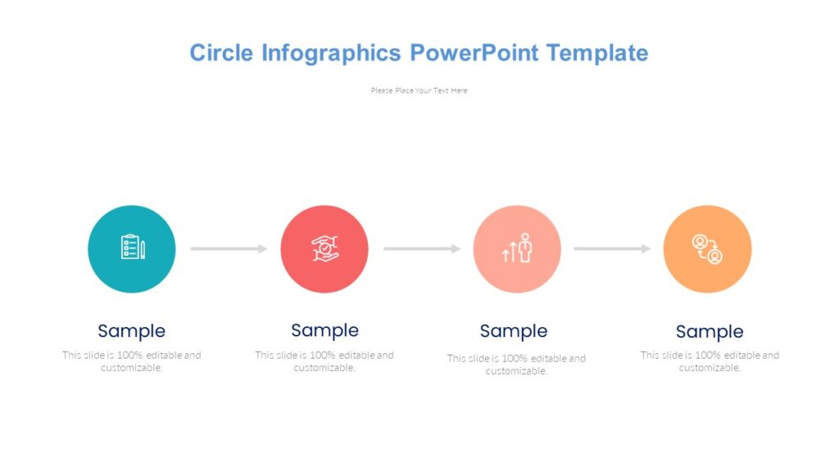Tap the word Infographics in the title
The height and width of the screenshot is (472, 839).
pos(331,53)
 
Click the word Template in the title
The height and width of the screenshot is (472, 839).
pos(597,53)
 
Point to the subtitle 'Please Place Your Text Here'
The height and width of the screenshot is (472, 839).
pos(419,91)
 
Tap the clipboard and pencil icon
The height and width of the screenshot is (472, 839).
pos(132,247)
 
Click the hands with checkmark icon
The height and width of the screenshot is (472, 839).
pos(324,248)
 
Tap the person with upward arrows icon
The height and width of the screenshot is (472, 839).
pos(517,248)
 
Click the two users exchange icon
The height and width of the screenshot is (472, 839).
pos(707,249)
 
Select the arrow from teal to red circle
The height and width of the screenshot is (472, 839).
pos(229,248)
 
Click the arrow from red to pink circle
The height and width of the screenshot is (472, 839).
pos(422,248)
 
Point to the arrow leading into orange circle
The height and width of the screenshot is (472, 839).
pos(612,248)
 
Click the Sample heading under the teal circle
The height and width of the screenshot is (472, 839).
pos(131,331)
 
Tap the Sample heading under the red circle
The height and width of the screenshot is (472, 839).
pos(324,330)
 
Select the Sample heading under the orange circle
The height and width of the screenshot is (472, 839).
pos(710,332)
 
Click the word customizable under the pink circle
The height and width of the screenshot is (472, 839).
pos(516,371)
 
